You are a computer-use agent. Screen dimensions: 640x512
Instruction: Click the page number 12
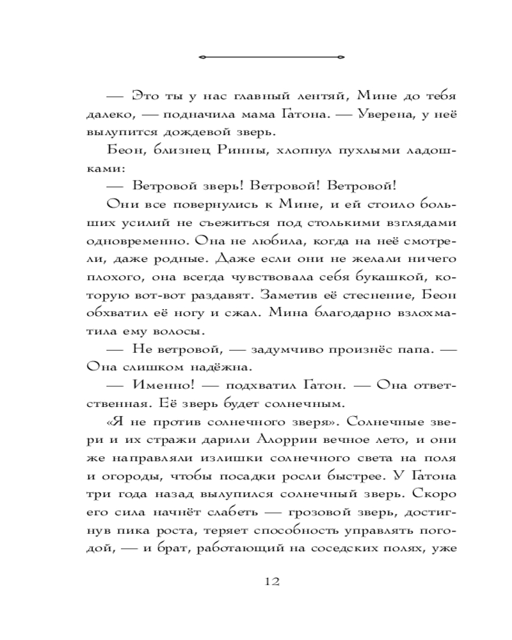coord(271,582)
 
